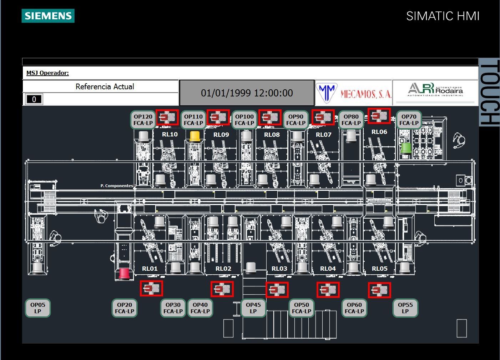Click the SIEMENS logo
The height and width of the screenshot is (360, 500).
[48, 16]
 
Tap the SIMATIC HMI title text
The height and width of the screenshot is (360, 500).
[443, 16]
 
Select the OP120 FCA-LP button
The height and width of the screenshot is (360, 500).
[143, 120]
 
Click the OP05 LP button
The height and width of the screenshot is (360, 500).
[38, 308]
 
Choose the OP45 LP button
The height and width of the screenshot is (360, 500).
[253, 308]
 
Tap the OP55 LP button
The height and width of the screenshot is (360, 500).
[405, 308]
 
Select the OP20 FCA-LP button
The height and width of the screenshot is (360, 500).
[125, 308]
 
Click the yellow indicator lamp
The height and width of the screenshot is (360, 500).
[195, 136]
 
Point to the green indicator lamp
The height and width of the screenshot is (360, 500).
[406, 149]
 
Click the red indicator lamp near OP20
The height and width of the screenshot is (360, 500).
[124, 274]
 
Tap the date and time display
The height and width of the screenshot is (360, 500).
[247, 93]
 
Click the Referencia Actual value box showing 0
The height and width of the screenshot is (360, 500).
[34, 99]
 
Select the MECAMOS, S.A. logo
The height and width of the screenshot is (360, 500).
[354, 93]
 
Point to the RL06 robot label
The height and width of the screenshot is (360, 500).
[379, 132]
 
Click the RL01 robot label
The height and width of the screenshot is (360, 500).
[150, 269]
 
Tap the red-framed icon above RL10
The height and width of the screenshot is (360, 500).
[167, 117]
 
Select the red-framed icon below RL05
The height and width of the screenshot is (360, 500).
[379, 290]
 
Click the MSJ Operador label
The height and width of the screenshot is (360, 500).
[47, 73]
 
